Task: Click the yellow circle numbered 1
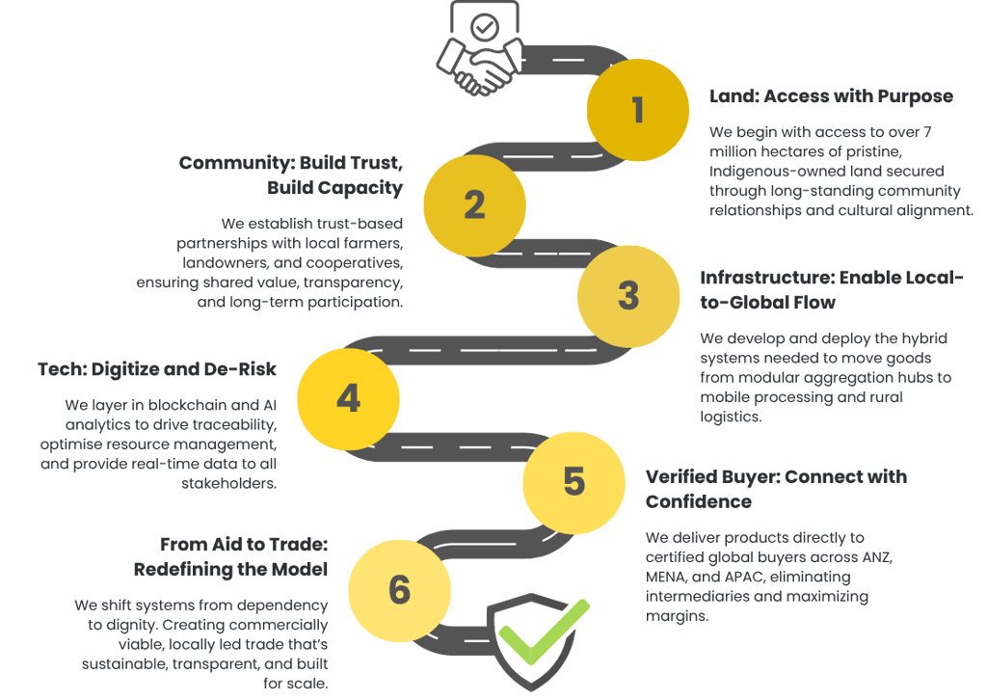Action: point(637,110)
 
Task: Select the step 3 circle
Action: point(628,296)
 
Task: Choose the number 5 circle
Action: point(574,481)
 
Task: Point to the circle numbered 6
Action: point(399,589)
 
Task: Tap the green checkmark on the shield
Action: point(546,631)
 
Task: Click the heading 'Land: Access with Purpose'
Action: point(831,96)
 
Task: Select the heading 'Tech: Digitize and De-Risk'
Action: point(157,369)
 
